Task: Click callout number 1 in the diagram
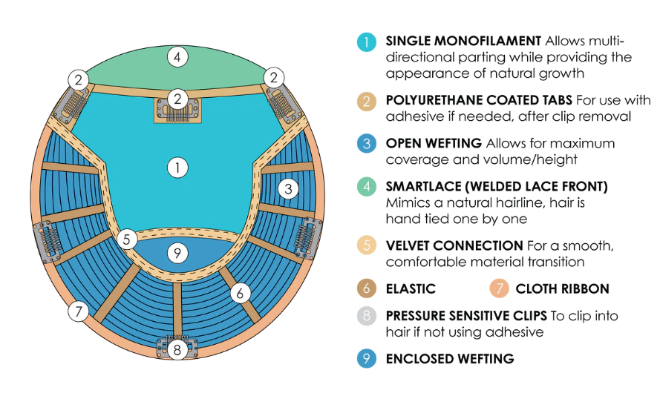(177, 168)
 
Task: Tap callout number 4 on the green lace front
(177, 57)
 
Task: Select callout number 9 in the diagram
(177, 253)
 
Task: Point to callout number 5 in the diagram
(127, 240)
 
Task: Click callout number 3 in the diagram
(288, 189)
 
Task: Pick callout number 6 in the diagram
(241, 293)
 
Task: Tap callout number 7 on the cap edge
(78, 311)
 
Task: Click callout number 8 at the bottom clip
(177, 350)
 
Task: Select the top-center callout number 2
(177, 99)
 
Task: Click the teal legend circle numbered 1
(367, 42)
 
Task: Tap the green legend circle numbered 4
(367, 187)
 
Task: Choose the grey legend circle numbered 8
(367, 316)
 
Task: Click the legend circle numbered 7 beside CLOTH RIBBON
(500, 288)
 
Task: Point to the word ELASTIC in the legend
(411, 288)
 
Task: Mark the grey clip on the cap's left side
(48, 241)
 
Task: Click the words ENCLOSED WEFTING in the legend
(450, 359)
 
